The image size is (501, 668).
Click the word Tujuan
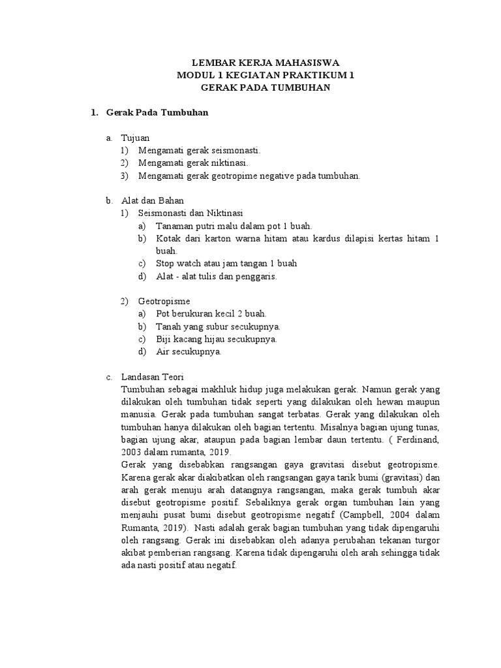135,138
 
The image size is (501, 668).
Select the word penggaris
260,276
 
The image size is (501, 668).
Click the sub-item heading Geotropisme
164,301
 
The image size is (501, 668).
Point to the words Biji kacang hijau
189,339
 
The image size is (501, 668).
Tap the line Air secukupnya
189,352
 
